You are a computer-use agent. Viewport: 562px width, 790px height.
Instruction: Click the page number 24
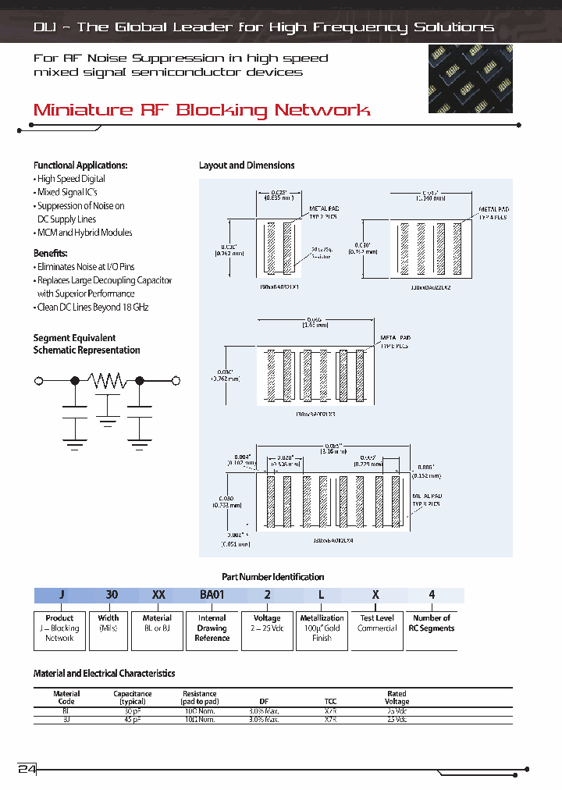pos(27,768)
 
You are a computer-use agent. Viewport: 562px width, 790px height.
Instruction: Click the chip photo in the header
pos(470,79)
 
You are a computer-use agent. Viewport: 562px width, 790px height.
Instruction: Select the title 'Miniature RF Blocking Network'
pos(201,110)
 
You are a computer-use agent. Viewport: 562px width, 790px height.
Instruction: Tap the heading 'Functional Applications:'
pos(80,165)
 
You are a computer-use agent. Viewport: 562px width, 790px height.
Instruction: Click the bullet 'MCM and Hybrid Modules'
pos(84,233)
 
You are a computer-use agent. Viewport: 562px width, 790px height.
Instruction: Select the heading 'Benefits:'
pos(51,254)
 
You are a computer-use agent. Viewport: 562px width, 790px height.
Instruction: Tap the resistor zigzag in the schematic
pos(107,380)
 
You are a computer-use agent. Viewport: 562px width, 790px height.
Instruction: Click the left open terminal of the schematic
pos(39,380)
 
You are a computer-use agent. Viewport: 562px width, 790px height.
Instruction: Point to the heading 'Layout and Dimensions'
pos(247,165)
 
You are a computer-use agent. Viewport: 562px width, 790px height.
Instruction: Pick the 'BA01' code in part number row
pos(212,595)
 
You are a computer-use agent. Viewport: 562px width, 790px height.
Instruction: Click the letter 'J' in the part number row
pos(61,595)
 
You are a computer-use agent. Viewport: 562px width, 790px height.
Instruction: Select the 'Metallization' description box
pos(322,628)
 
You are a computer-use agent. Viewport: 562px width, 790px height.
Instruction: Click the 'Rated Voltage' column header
pos(397,697)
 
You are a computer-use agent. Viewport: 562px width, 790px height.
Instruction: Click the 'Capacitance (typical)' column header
pos(133,697)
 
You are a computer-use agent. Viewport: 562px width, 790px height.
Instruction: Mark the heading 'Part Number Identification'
pos(272,577)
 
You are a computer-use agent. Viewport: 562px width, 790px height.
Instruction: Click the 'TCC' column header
pos(330,701)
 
